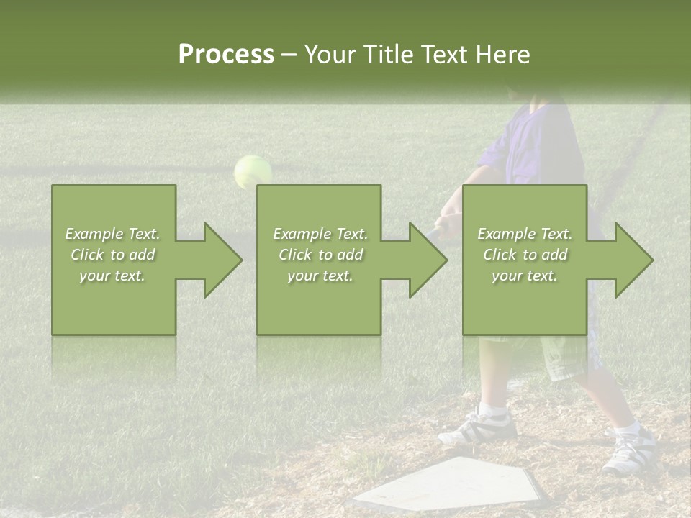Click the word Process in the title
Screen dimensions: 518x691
pyautogui.click(x=226, y=55)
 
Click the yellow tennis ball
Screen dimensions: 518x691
pyautogui.click(x=253, y=172)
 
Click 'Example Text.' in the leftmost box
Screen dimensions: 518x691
pyautogui.click(x=112, y=234)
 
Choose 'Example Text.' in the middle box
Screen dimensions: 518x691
pyautogui.click(x=320, y=234)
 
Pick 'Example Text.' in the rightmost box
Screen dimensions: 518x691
pyautogui.click(x=525, y=234)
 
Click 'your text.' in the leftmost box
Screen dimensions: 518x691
pyautogui.click(x=112, y=276)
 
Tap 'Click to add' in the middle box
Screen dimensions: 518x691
pyautogui.click(x=320, y=255)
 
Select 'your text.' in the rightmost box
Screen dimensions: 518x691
pyautogui.click(x=525, y=276)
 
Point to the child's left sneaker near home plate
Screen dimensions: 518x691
pyautogui.click(x=479, y=427)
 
